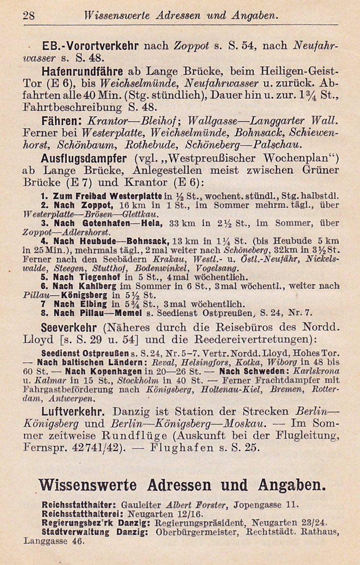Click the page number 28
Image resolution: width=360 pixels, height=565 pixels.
(x=29, y=16)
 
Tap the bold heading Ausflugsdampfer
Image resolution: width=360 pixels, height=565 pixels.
(x=84, y=158)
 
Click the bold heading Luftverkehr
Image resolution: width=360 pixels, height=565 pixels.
(x=73, y=411)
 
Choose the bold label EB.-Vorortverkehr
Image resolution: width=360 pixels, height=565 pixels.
(x=90, y=46)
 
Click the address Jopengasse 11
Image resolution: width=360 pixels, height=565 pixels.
(x=266, y=505)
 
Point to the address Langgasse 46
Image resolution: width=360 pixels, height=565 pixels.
(x=54, y=541)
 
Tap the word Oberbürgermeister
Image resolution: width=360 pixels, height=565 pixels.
(x=198, y=532)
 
